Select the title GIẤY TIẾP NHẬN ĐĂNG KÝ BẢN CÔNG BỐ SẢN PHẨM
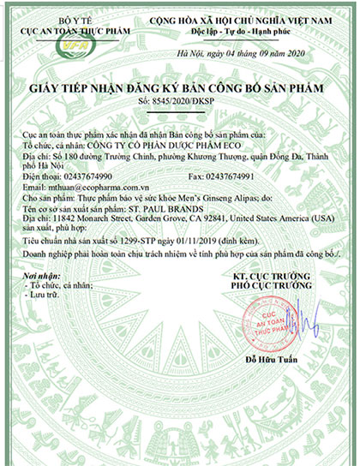click(x=179, y=88)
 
